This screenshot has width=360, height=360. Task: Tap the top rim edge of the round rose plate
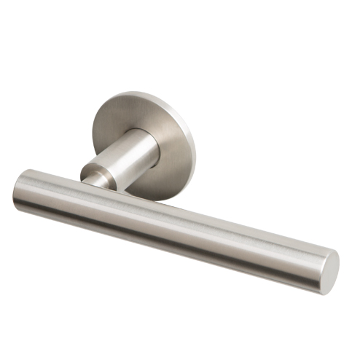pos(138,93)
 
